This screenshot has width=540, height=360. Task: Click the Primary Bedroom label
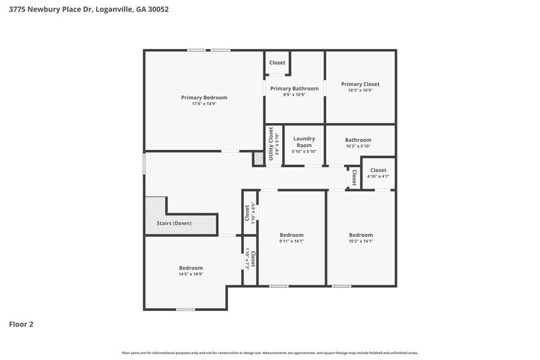click(204, 97)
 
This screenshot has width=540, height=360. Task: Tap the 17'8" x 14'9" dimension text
click(204, 104)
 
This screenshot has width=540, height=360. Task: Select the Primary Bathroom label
click(294, 88)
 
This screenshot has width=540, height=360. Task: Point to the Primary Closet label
click(360, 84)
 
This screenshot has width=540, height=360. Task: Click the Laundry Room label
click(304, 141)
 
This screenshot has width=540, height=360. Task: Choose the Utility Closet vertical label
click(270, 144)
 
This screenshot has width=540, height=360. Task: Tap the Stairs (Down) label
click(174, 223)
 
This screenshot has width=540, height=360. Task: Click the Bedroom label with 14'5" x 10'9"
click(190, 268)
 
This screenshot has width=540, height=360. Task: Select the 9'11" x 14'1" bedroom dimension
click(291, 241)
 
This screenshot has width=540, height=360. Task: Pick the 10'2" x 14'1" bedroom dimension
click(361, 241)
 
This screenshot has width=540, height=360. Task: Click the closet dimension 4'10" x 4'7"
click(378, 176)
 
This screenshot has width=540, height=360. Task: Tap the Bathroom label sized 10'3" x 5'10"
click(358, 140)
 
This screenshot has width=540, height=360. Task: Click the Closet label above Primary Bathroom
click(277, 62)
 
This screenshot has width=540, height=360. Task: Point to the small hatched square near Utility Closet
click(258, 159)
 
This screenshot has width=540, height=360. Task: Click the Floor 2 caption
click(21, 324)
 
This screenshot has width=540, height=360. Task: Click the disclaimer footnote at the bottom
click(270, 353)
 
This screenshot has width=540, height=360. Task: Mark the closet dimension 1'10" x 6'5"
click(252, 212)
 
